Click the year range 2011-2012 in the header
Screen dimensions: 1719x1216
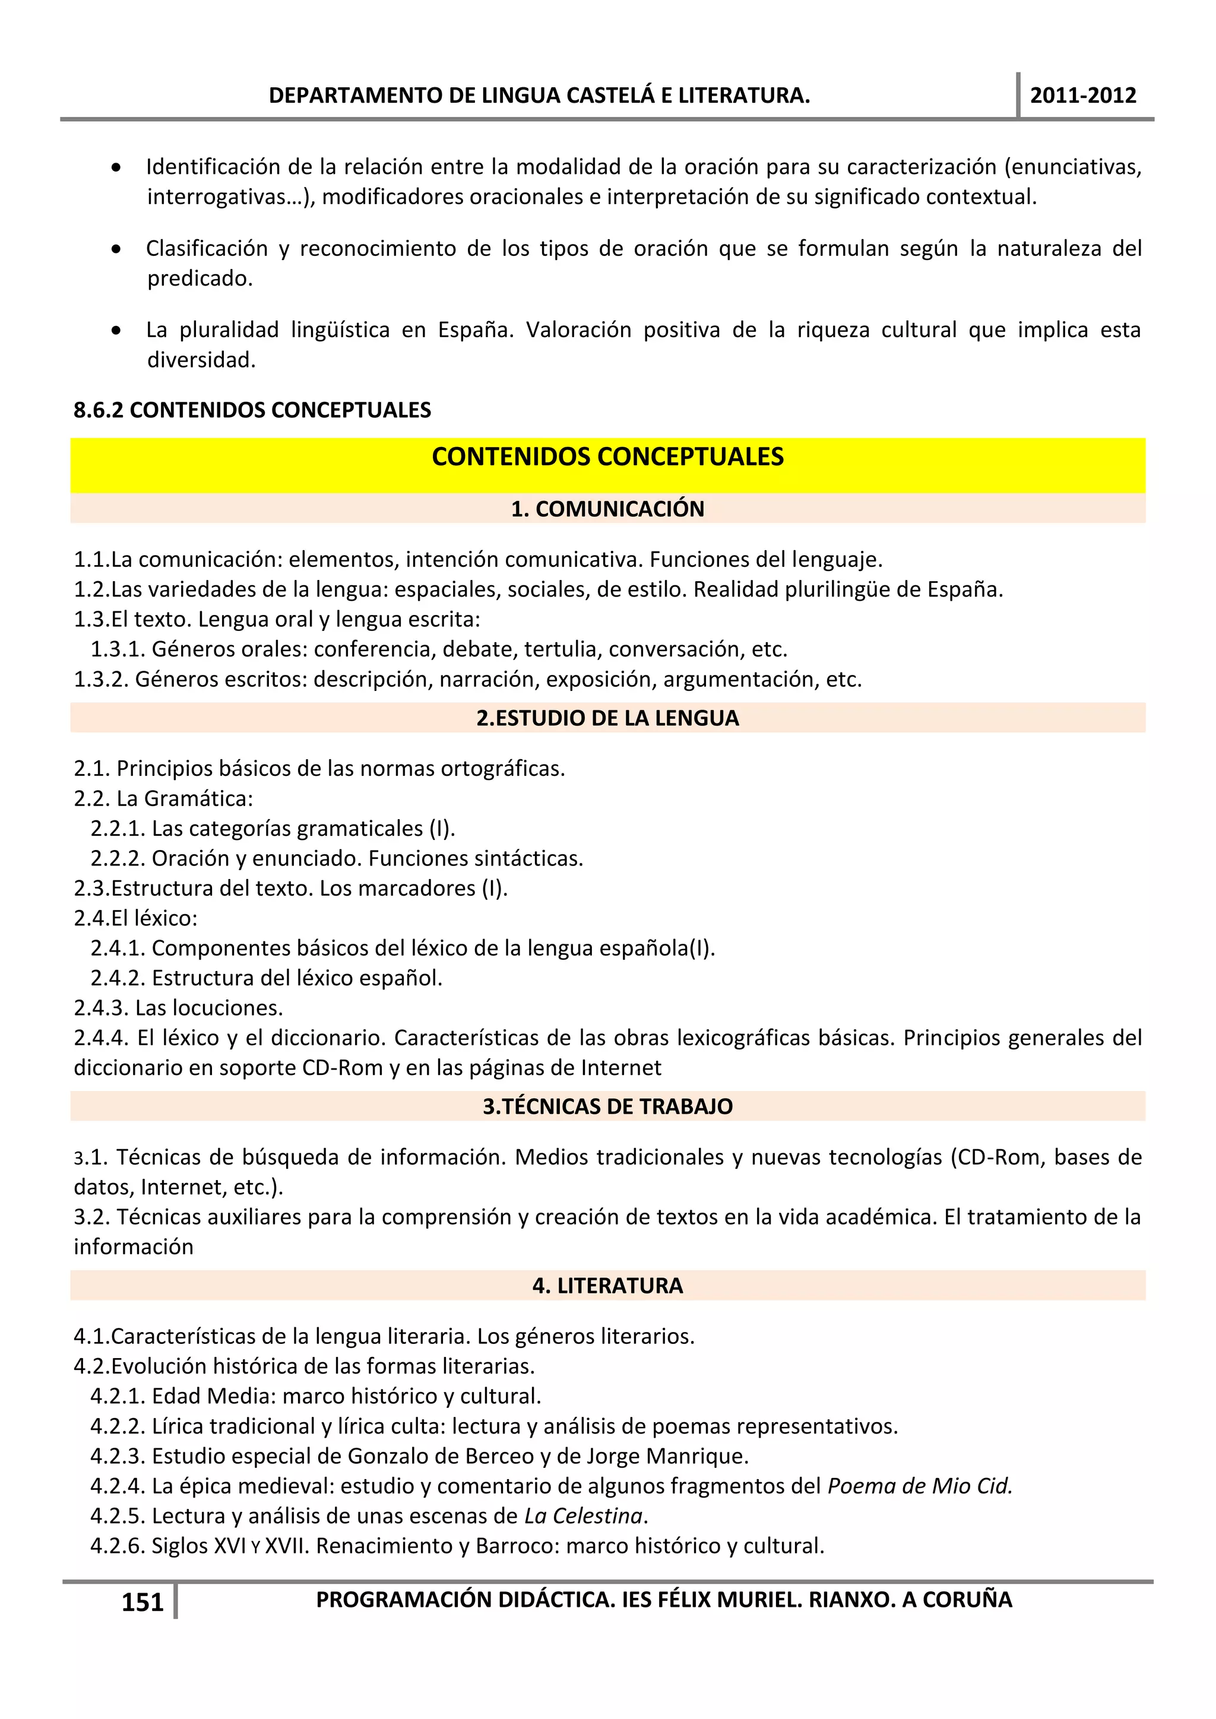(1083, 96)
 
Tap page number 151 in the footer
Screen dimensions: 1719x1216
(142, 1602)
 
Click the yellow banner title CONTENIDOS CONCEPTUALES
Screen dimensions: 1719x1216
(607, 456)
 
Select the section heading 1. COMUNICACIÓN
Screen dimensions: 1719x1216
(607, 509)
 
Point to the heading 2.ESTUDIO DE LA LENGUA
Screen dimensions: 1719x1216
(607, 718)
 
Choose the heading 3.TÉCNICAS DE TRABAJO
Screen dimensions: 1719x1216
(607, 1106)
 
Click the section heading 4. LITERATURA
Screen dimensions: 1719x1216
(607, 1286)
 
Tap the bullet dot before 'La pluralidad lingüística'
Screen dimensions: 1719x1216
(116, 330)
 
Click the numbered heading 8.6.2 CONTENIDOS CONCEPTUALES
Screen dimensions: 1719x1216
(252, 410)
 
